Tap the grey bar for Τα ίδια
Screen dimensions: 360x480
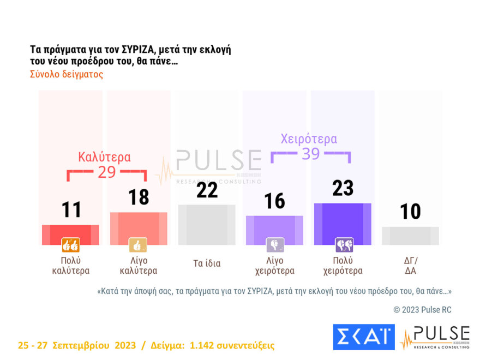207,225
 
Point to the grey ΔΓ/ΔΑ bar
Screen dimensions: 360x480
410,236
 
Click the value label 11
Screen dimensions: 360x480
71,210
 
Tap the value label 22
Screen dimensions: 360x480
207,190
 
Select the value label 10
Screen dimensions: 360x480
410,212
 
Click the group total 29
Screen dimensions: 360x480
107,172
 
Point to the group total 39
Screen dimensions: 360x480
310,154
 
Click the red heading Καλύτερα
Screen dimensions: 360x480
104,157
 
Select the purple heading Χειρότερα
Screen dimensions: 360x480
309,139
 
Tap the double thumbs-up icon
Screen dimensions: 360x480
71,245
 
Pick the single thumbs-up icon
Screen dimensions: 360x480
138,245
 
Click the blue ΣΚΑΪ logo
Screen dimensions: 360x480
363,337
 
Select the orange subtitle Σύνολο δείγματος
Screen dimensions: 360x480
66,74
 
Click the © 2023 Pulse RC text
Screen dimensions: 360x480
422,310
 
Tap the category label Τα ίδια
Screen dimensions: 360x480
207,263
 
